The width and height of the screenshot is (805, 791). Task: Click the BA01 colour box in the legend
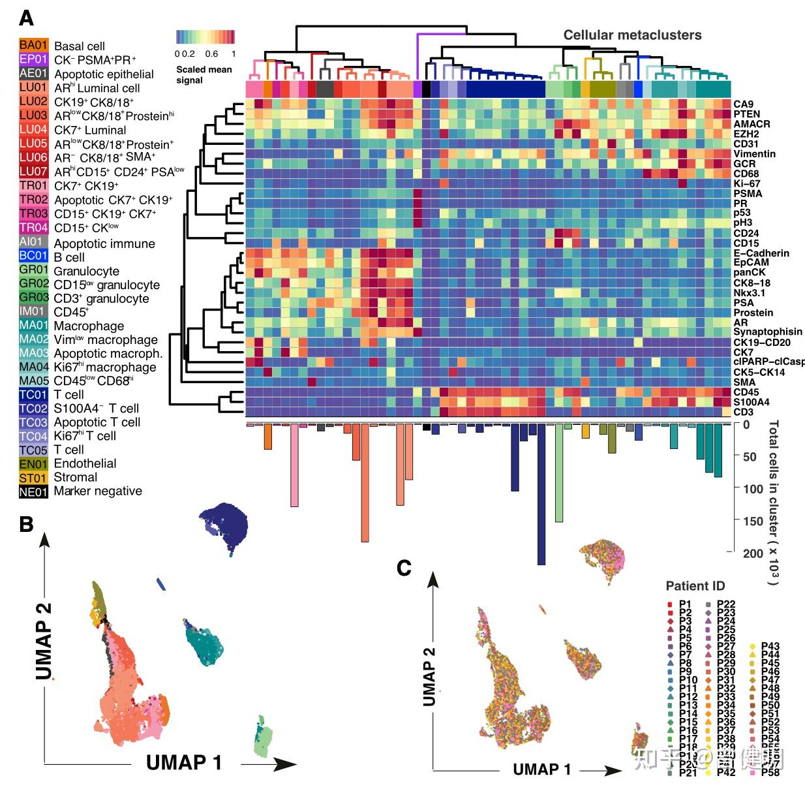pyautogui.click(x=33, y=46)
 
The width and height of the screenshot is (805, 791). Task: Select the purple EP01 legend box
pyautogui.click(x=33, y=59)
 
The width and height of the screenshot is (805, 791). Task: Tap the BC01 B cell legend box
pyautogui.click(x=33, y=256)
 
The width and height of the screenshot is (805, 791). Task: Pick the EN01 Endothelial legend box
pyautogui.click(x=33, y=464)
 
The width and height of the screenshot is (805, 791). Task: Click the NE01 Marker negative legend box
pyautogui.click(x=33, y=492)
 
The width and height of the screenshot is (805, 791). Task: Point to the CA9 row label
pyautogui.click(x=743, y=104)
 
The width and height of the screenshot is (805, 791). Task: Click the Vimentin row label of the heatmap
pyautogui.click(x=754, y=154)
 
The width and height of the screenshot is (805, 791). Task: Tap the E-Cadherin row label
pyautogui.click(x=761, y=253)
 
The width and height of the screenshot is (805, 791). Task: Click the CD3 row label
pyautogui.click(x=743, y=412)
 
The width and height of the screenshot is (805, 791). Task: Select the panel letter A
pyautogui.click(x=27, y=18)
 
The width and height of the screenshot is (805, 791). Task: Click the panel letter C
pyautogui.click(x=404, y=568)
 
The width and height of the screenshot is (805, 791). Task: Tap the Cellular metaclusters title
pyautogui.click(x=632, y=35)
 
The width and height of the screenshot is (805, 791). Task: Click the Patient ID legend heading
pyautogui.click(x=695, y=585)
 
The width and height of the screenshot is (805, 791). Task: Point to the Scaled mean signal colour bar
pyautogui.click(x=205, y=37)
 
